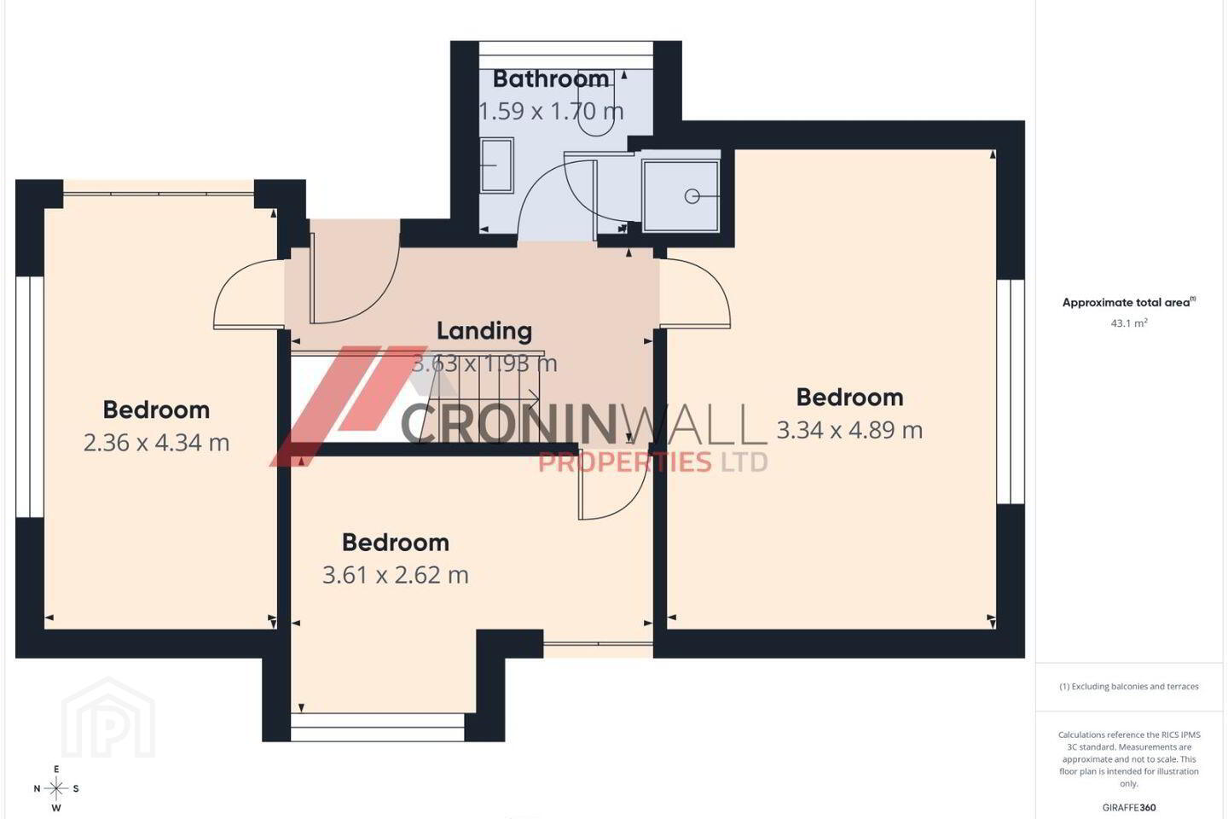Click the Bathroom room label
point(550,79)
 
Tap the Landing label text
point(484,331)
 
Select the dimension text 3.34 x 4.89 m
point(849,430)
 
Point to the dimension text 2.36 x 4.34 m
point(156,443)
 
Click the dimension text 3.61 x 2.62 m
point(396,575)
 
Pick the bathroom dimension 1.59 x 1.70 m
point(551,112)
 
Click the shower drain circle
point(692,196)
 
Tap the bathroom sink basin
point(496,166)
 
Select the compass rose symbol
point(56,789)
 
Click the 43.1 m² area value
point(1129,323)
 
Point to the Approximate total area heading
point(1129,302)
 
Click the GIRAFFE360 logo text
point(1129,807)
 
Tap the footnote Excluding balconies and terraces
point(1129,686)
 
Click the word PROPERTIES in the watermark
point(625,462)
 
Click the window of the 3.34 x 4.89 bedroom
point(1011,392)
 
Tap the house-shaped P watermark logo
point(108,718)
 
